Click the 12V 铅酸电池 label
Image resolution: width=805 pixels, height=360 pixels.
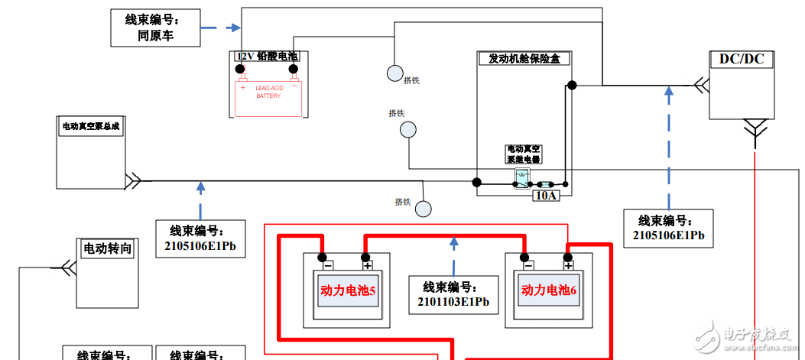268,57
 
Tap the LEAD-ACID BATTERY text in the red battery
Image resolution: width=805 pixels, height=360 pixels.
268,92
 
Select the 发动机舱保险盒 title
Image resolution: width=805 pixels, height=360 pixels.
524,59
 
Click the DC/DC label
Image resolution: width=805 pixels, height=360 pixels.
742,59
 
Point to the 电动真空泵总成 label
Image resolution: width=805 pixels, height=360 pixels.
91,126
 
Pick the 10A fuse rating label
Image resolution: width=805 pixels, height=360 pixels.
546,196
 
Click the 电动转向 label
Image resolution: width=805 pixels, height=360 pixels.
108,248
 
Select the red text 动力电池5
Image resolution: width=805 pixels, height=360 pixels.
348,290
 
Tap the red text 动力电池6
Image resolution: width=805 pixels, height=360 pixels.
549,290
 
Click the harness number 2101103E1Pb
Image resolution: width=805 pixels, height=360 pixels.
453,302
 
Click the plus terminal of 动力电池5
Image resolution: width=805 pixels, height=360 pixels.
367,266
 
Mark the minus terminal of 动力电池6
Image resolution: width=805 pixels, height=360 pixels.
527,266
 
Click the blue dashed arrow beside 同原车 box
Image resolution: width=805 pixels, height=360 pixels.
219,29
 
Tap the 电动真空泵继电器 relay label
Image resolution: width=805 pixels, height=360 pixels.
524,154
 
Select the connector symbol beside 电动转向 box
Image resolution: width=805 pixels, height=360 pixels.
67,268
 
